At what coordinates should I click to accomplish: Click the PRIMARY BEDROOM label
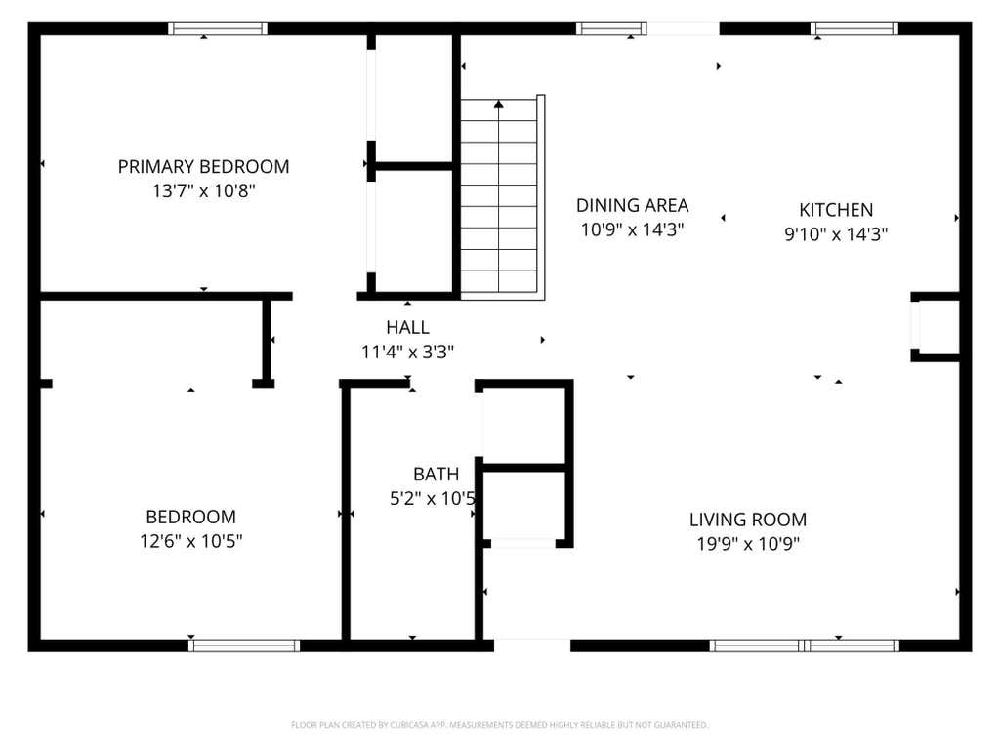pyautogui.click(x=203, y=166)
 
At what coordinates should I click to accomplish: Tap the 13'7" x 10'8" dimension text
pyautogui.click(x=203, y=190)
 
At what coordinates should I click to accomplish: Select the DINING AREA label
pyautogui.click(x=632, y=205)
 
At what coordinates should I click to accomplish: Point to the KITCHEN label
pyautogui.click(x=836, y=210)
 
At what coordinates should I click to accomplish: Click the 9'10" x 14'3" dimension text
pyautogui.click(x=836, y=234)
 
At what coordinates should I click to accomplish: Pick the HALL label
pyautogui.click(x=407, y=327)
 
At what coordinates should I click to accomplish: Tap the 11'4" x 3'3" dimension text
pyautogui.click(x=407, y=352)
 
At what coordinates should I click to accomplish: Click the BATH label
pyautogui.click(x=437, y=474)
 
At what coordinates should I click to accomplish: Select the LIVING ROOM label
pyautogui.click(x=748, y=520)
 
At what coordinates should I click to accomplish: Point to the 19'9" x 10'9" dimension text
pyautogui.click(x=748, y=544)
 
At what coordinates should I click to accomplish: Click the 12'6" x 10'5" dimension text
pyautogui.click(x=191, y=541)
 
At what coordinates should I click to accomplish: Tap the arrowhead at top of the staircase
pyautogui.click(x=499, y=104)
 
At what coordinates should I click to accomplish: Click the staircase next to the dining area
pyautogui.click(x=503, y=197)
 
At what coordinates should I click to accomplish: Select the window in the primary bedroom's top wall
pyautogui.click(x=218, y=28)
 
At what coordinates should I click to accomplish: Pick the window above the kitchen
pyautogui.click(x=854, y=28)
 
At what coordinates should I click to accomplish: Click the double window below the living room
pyautogui.click(x=805, y=646)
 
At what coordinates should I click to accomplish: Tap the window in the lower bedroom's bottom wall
pyautogui.click(x=244, y=646)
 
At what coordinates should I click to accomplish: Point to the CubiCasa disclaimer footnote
pyautogui.click(x=499, y=725)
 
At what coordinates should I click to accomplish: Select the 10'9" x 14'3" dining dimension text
pyautogui.click(x=632, y=229)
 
